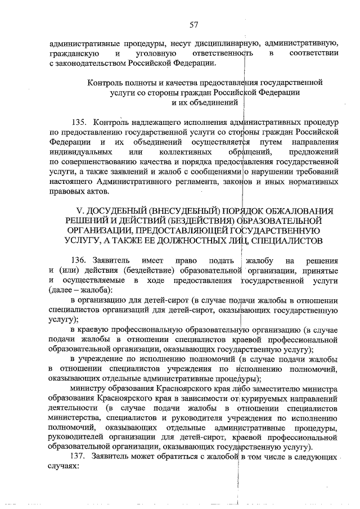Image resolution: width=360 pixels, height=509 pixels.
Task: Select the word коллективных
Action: [x=186, y=152]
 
